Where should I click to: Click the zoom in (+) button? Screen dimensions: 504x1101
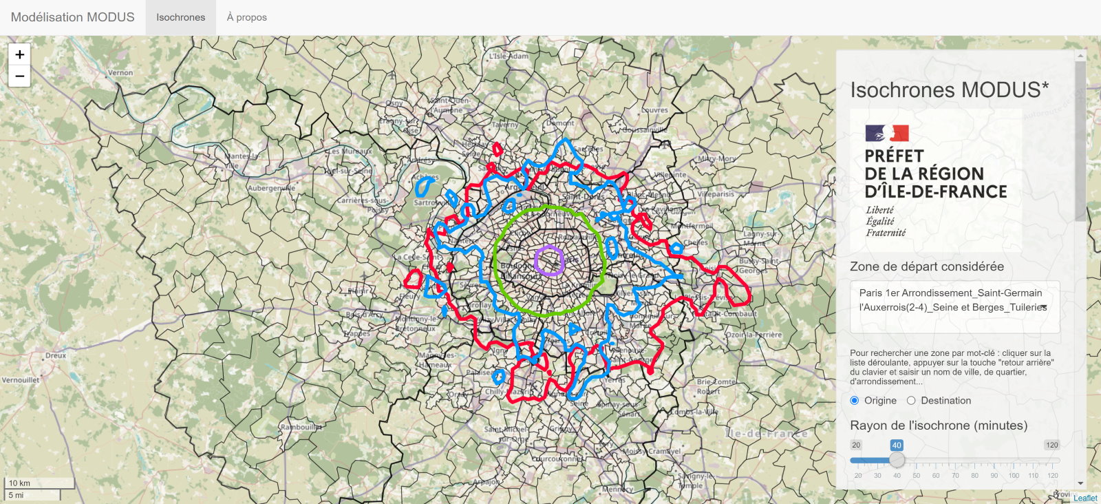19,54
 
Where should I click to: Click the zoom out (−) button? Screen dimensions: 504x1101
19,76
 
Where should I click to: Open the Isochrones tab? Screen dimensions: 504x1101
180,17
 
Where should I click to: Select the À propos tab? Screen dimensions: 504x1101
247,17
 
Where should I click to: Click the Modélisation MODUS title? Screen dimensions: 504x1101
73,17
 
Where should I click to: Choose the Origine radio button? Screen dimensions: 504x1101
855,401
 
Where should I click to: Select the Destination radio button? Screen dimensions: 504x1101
911,401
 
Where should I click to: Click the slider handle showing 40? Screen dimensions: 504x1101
897,459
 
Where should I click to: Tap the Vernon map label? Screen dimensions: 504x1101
120,72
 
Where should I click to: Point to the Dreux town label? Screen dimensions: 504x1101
56,356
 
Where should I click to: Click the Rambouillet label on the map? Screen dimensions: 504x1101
301,428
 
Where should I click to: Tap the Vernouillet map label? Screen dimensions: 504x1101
21,380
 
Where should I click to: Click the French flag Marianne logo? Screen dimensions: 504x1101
887,133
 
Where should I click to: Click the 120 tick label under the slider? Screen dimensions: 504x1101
1053,476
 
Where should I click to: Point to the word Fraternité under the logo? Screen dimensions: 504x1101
886,233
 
